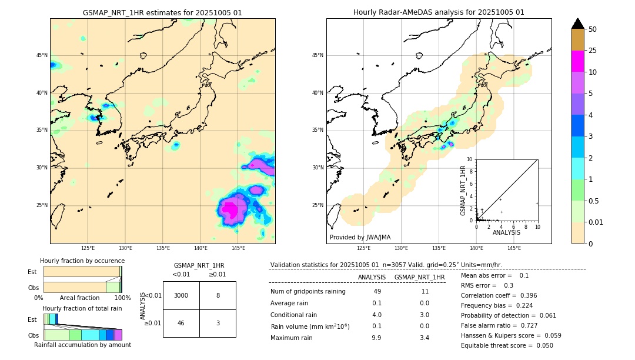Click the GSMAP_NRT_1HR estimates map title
162,12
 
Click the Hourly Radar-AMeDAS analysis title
439,12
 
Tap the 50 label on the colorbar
593,29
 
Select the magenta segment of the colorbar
578,61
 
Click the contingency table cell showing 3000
181,295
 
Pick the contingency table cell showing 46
181,323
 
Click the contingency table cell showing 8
218,295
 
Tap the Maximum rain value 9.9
376,338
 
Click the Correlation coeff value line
499,295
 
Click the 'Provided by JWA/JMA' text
360,238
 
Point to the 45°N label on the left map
41,55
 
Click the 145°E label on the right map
514,248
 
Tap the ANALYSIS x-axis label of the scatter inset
506,232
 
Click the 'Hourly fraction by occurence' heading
82,261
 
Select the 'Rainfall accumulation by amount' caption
82,345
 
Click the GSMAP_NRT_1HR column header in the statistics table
419,277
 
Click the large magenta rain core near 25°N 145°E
232,209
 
